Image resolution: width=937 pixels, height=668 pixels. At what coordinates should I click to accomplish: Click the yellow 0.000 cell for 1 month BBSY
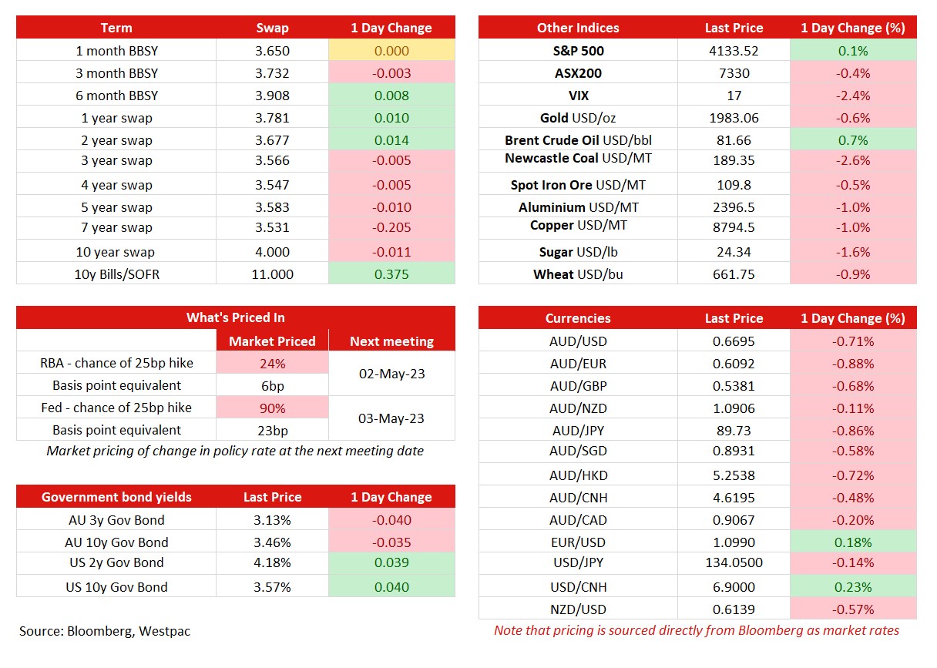coord(391,51)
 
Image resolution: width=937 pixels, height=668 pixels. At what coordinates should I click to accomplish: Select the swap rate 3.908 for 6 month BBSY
coord(272,96)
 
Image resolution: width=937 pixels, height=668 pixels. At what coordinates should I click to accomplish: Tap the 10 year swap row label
coord(116,252)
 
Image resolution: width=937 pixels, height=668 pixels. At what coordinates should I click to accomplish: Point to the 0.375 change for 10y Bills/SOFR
coord(391,274)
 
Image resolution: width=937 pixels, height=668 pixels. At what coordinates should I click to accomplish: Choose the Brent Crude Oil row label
coord(578,140)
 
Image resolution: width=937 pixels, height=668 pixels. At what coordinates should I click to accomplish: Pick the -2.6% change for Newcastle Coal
coord(853,160)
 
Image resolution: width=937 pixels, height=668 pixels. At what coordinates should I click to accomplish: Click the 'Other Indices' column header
coord(578,28)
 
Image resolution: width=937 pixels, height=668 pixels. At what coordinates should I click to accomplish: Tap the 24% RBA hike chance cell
coord(272,363)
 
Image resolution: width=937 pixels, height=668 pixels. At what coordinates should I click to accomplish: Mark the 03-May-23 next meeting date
coord(391,418)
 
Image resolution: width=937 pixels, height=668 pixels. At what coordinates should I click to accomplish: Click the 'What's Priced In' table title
coord(235,317)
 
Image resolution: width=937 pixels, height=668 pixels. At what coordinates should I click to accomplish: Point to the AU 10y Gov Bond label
coord(116,542)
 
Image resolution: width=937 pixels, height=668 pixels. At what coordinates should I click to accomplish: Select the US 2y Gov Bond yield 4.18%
coord(272,562)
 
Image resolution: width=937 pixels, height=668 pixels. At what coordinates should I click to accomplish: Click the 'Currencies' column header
coord(578,318)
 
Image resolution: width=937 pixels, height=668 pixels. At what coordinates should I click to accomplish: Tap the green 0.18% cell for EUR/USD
coord(853,542)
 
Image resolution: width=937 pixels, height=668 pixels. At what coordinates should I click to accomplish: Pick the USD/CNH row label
coord(578,587)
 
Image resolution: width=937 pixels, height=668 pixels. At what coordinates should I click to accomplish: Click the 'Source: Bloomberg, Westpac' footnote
coord(105,631)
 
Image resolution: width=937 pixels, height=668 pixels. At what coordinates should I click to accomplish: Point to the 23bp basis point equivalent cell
coord(272,430)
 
